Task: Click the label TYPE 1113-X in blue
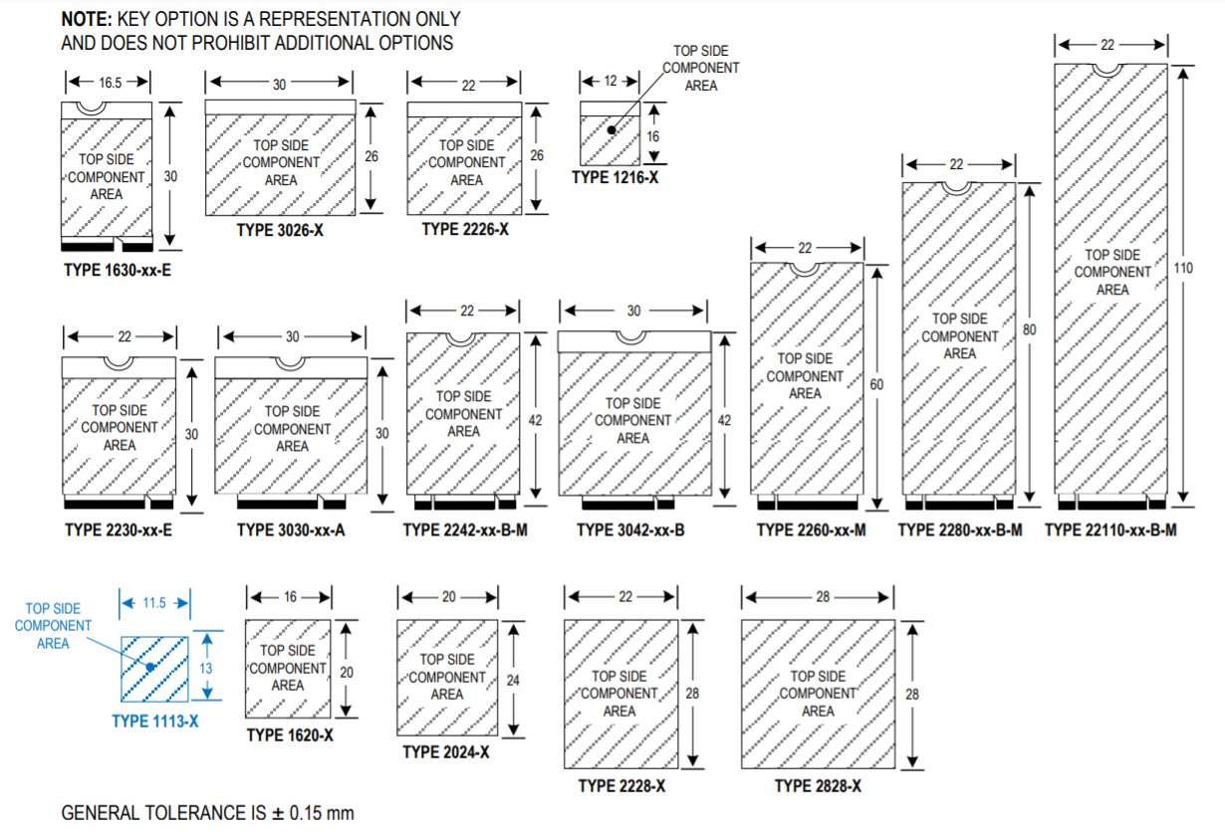(154, 721)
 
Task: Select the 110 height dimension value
(1183, 269)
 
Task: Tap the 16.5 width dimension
(109, 84)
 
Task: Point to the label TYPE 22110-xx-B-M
(1110, 530)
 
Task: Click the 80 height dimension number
(1029, 327)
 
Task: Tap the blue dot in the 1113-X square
(149, 666)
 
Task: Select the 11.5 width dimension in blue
(153, 603)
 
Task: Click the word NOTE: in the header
(87, 20)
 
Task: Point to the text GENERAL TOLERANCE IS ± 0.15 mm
(207, 813)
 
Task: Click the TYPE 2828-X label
(818, 786)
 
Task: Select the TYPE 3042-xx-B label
(630, 530)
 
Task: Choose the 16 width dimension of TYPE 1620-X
(288, 596)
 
